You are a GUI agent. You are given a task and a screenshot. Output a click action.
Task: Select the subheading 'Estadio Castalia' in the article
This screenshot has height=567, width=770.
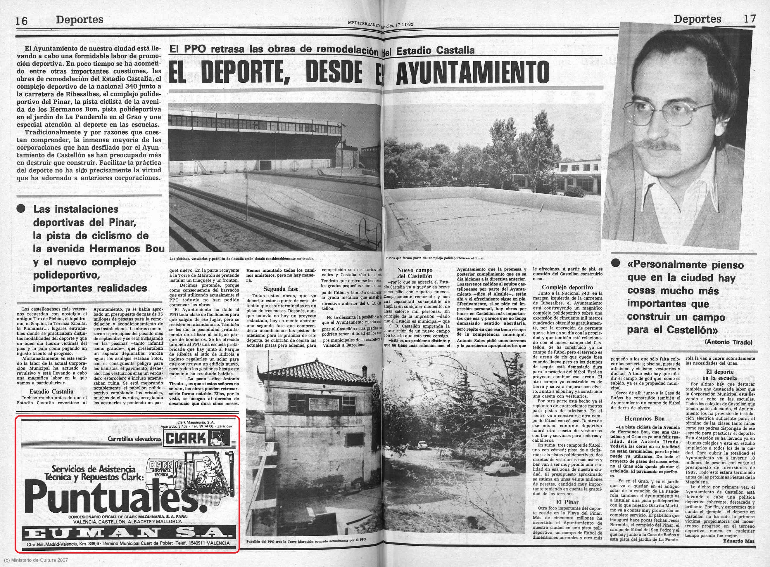[x=51, y=391]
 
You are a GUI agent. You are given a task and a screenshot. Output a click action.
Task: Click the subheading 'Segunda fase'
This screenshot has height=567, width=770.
[x=281, y=289]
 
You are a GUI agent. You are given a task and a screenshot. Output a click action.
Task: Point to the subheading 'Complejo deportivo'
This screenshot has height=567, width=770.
[x=567, y=287]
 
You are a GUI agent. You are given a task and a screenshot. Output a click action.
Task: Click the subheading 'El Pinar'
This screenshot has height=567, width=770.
[x=567, y=502]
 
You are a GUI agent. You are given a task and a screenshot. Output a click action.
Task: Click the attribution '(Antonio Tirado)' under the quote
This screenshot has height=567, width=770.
[x=728, y=342]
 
